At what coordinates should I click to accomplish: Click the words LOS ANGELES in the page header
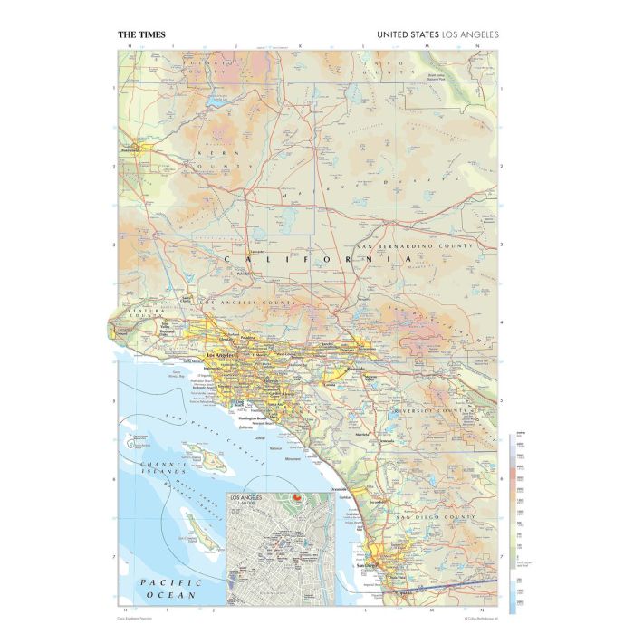point(472,35)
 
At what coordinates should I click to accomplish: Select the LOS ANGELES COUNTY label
point(248,302)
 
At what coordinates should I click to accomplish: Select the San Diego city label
point(367,568)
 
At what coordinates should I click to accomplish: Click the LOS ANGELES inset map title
point(248,496)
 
